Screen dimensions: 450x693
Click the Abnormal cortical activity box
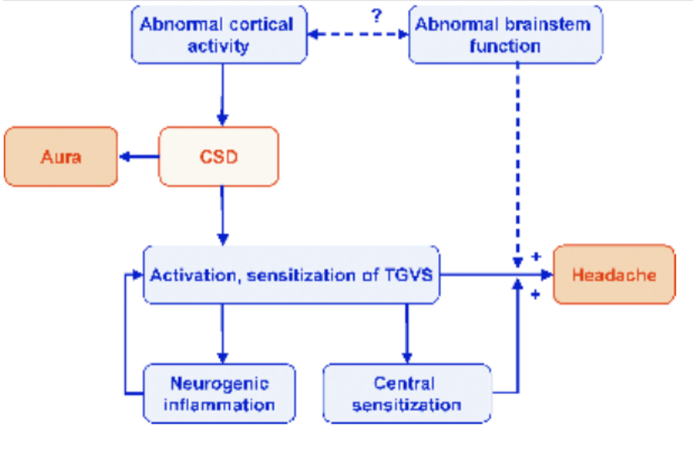click(x=218, y=35)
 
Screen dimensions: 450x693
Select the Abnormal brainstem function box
click(x=505, y=35)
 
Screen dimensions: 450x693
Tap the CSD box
click(x=218, y=157)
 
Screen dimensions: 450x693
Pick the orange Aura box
click(x=61, y=157)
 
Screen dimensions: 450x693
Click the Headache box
click(x=614, y=275)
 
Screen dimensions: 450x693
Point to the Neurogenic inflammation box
click(x=220, y=393)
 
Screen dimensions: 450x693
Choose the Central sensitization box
click(x=406, y=393)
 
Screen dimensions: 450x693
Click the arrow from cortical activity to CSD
click(x=223, y=93)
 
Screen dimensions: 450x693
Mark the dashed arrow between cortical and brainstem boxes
click(x=357, y=36)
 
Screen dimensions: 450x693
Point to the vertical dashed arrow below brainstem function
click(x=517, y=155)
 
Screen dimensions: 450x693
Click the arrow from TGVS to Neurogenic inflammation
click(x=223, y=332)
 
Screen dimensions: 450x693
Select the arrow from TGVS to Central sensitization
click(x=406, y=332)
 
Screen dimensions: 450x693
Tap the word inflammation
click(x=220, y=404)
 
